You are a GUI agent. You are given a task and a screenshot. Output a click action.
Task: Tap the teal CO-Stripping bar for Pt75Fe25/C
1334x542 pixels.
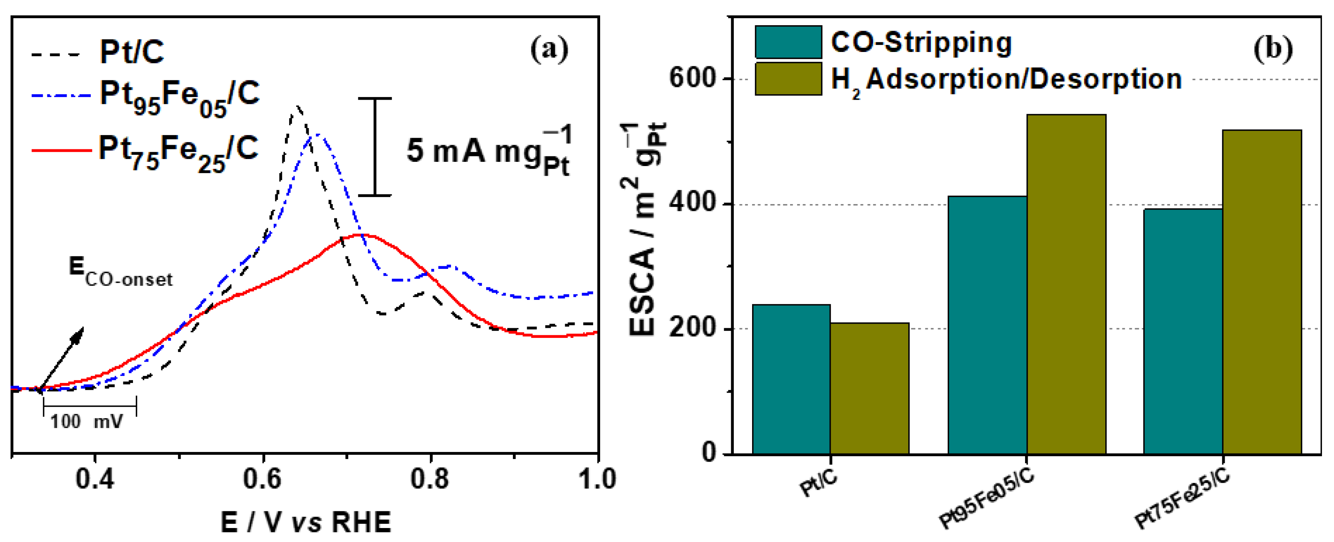[x=1183, y=332]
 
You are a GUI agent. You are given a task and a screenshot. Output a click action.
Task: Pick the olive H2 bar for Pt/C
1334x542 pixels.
[x=870, y=389]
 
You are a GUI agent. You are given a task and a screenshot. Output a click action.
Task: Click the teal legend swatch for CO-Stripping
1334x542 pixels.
[x=788, y=42]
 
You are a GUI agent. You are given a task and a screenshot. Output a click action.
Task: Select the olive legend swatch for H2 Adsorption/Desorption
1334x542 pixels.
[x=788, y=79]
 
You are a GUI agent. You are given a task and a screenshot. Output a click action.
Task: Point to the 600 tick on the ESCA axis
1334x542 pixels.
[x=693, y=79]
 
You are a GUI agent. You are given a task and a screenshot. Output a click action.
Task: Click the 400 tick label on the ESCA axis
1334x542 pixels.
[x=693, y=204]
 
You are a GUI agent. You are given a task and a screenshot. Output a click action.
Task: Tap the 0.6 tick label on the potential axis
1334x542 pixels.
[x=262, y=478]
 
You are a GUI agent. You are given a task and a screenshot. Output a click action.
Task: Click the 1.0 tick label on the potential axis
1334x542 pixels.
[x=597, y=478]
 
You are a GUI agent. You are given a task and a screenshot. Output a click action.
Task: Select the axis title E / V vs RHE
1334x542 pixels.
[x=305, y=522]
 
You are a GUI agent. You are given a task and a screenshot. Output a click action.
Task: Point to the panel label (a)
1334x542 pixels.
[x=549, y=49]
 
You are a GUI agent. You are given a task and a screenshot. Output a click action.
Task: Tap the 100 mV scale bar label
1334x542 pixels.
[x=86, y=422]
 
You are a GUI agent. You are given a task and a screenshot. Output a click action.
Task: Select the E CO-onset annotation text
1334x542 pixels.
[x=120, y=273]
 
